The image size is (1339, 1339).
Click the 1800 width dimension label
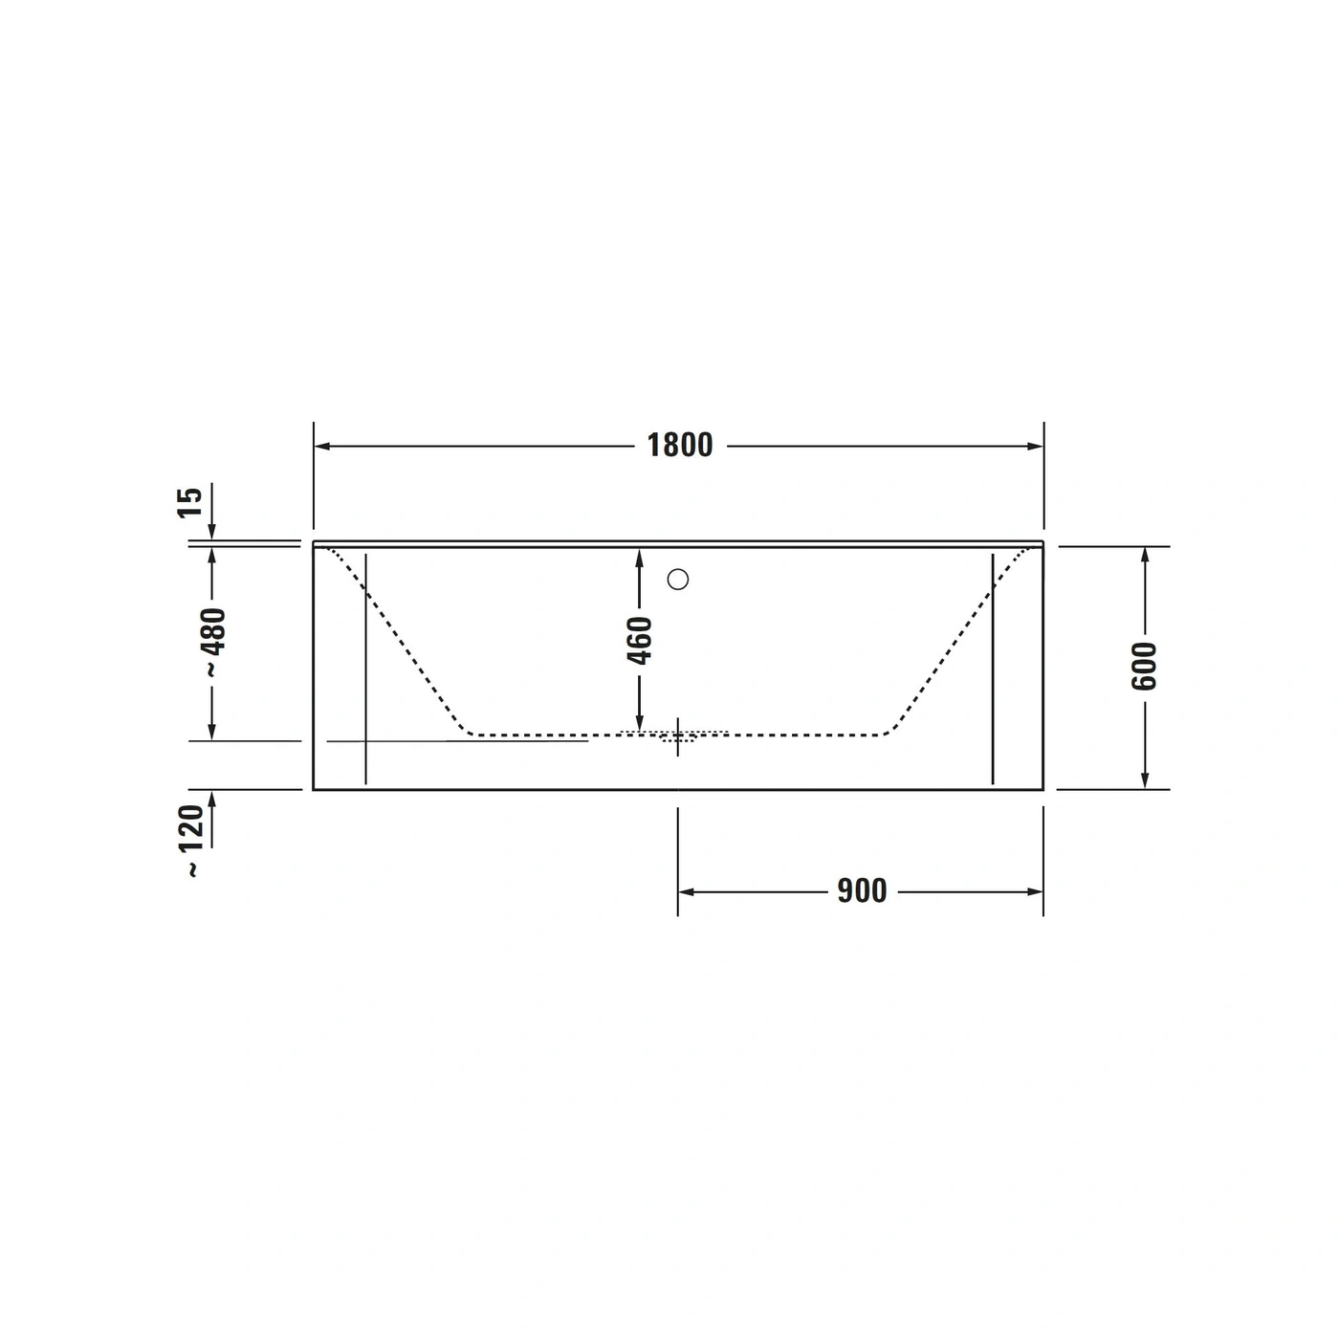pyautogui.click(x=680, y=446)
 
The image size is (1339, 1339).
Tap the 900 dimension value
pyautogui.click(x=862, y=890)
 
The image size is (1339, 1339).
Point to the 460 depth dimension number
pyautogui.click(x=640, y=641)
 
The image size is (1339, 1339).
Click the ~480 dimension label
pyautogui.click(x=212, y=642)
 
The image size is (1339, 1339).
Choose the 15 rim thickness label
pyautogui.click(x=189, y=502)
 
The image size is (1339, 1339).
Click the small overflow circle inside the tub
pyautogui.click(x=677, y=579)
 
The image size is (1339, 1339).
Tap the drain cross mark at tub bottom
pyautogui.click(x=677, y=736)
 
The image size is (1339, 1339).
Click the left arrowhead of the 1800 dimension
pyautogui.click(x=321, y=446)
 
